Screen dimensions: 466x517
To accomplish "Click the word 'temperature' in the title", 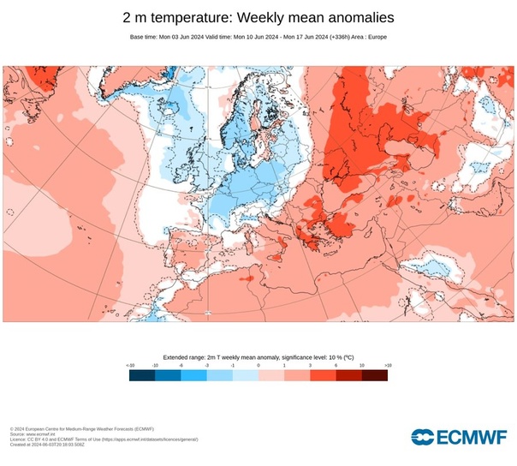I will tap(184, 17).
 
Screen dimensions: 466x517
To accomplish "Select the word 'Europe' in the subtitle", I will tap(374, 37).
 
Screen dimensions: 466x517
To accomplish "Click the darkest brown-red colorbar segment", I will tap(374, 374).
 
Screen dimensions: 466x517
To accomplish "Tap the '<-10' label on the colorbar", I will tap(130, 365).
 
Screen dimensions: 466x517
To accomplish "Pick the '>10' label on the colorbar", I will tap(387, 365).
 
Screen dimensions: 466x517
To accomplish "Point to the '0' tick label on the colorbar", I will tap(258, 365).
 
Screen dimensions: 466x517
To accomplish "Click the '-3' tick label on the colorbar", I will tap(207, 365).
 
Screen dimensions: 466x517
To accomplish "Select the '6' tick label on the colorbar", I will tap(336, 365).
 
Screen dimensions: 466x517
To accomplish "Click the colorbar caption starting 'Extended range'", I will tap(258, 355).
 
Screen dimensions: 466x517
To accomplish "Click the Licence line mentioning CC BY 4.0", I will tap(104, 439).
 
